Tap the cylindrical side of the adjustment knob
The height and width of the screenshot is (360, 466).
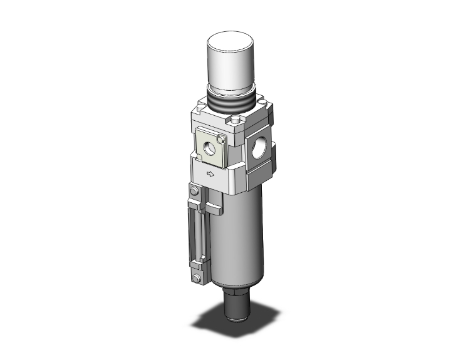click(232, 69)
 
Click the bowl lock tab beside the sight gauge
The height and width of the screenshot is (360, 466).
click(214, 208)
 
